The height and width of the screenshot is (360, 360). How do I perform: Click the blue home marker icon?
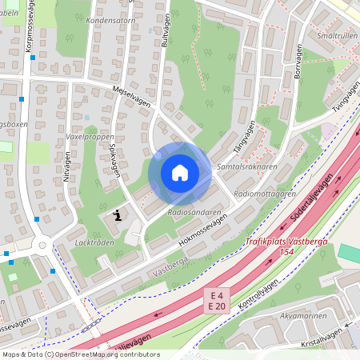click(x=180, y=173)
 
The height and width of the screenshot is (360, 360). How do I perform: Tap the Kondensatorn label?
click(x=111, y=19)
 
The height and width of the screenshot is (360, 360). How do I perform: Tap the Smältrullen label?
click(x=335, y=36)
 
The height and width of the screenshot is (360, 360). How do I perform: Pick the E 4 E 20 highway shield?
click(x=217, y=299)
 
